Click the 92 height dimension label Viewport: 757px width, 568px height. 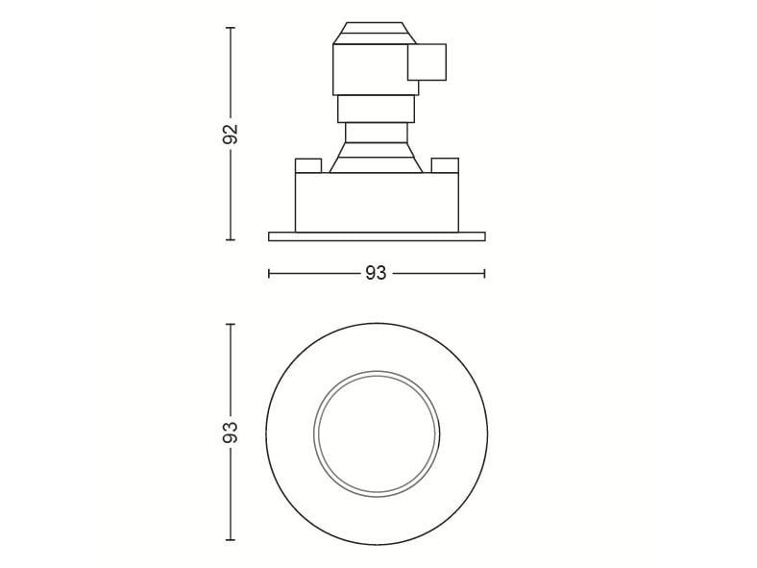(x=231, y=134)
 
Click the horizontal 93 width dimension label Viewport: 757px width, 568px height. (x=376, y=273)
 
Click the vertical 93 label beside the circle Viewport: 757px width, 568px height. (x=231, y=432)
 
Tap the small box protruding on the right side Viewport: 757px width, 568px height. (x=427, y=62)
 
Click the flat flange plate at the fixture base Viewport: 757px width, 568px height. (x=377, y=236)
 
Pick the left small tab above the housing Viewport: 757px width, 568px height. (x=308, y=165)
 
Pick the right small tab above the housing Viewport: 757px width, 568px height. (x=445, y=165)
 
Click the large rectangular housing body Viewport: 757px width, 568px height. (x=377, y=202)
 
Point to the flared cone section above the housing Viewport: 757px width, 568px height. (x=376, y=157)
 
